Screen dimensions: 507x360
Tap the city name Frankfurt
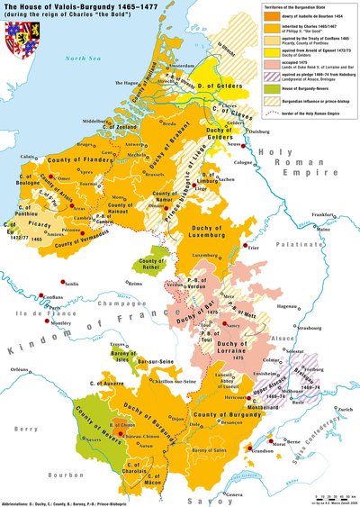319,213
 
